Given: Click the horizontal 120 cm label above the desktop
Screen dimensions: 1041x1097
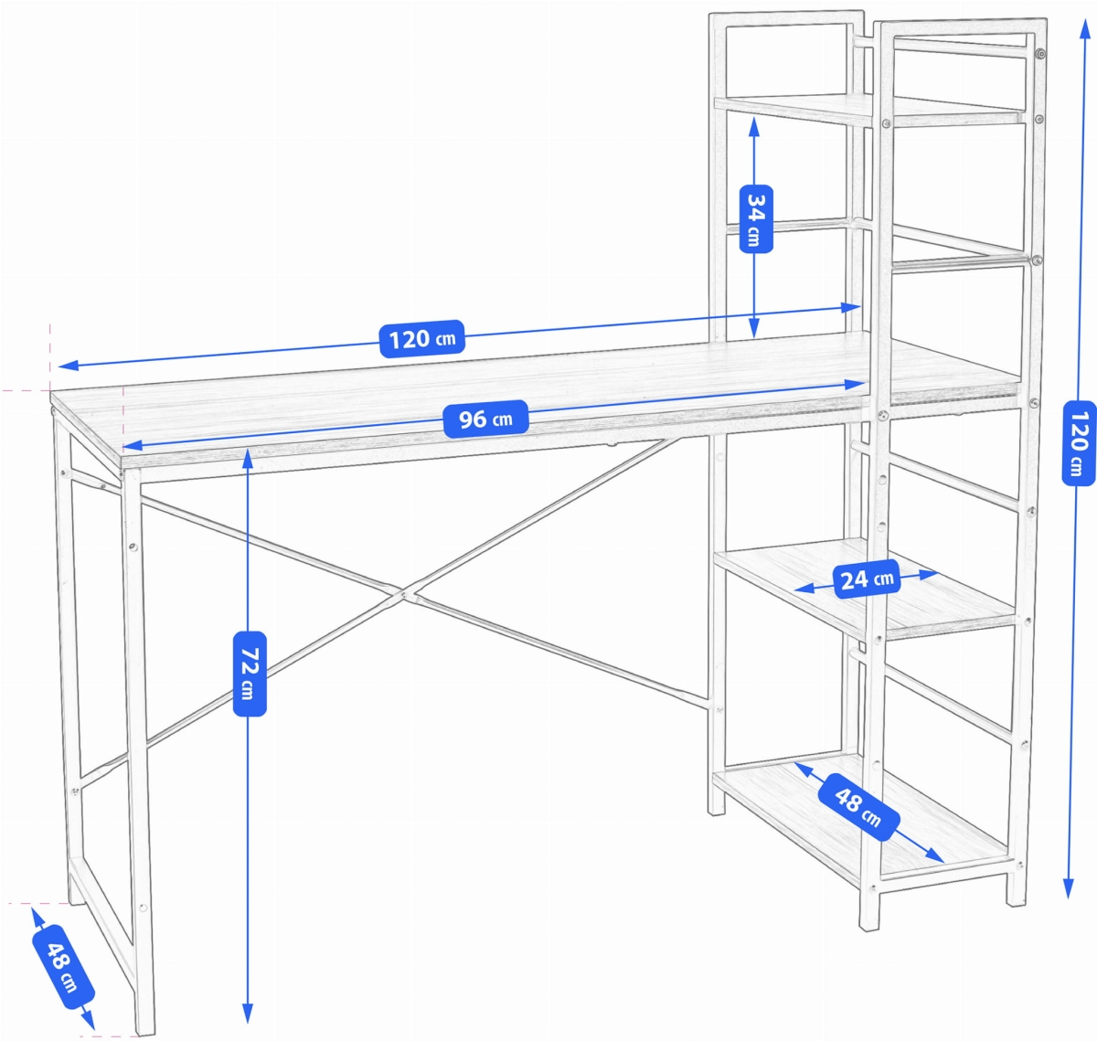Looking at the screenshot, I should (421, 339).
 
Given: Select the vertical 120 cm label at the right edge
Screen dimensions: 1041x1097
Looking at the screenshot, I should (1079, 442).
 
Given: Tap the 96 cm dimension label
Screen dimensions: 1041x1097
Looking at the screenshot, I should (485, 420).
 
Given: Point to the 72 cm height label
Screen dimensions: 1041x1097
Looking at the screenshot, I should (250, 673).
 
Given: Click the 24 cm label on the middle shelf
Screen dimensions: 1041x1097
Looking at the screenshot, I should (867, 579).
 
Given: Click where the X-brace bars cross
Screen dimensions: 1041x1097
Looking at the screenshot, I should (403, 595).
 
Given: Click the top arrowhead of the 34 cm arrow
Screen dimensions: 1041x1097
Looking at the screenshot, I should (754, 125).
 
